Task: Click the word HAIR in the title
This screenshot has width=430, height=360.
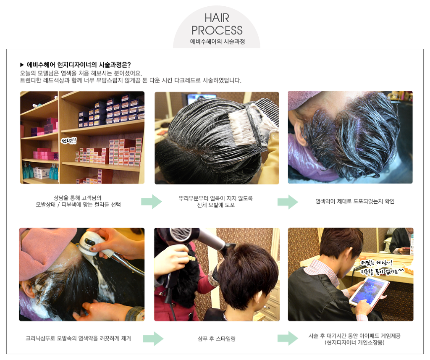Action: pos(217,18)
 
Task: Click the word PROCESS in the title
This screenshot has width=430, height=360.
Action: pos(217,30)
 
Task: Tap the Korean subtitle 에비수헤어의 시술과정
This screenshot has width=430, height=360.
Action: pos(217,42)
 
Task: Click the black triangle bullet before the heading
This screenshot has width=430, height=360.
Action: pos(22,65)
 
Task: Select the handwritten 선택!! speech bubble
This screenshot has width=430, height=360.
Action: pos(69,141)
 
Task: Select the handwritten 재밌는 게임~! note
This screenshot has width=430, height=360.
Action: pos(376,263)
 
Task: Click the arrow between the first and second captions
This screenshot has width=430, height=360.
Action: pos(151,202)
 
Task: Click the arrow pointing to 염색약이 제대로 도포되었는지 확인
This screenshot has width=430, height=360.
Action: pos(288,202)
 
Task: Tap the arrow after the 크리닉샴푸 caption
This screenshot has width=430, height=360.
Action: pos(153,339)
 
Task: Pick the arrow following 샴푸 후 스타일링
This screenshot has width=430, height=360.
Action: pos(288,338)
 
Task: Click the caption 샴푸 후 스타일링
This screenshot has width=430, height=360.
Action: pos(217,339)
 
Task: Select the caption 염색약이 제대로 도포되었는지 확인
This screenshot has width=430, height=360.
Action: pos(355,201)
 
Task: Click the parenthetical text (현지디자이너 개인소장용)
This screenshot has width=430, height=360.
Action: pos(354,343)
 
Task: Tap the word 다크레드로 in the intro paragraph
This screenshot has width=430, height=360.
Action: pos(186,80)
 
